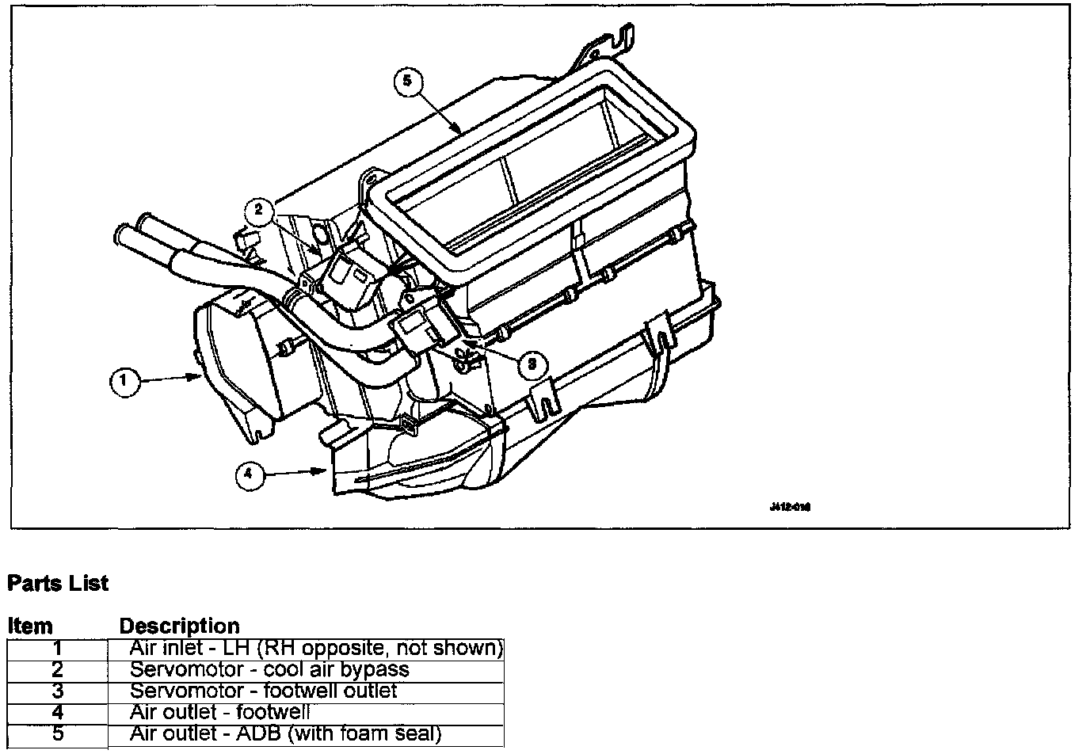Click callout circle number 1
[x=123, y=382]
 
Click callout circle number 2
[x=257, y=210]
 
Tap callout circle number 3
[x=532, y=364]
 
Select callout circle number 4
[x=248, y=474]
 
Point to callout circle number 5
[x=407, y=81]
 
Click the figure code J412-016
[x=790, y=507]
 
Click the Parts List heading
[x=58, y=585]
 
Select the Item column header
[x=30, y=626]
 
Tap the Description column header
[x=179, y=626]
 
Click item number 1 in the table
[x=57, y=649]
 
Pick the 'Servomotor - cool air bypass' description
[x=269, y=670]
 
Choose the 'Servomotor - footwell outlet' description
[x=263, y=691]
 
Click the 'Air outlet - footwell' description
[x=219, y=712]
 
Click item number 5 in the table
[x=57, y=733]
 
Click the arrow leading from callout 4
[x=294, y=472]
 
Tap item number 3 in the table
[x=57, y=691]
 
